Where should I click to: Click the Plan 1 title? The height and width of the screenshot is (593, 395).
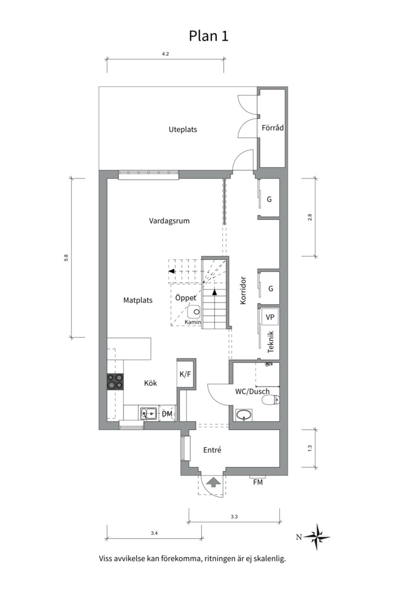208,36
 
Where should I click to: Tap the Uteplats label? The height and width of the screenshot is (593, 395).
183,130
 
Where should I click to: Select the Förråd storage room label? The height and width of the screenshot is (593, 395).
273,127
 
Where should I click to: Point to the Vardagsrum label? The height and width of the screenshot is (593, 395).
169,221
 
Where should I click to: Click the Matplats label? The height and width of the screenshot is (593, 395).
138,300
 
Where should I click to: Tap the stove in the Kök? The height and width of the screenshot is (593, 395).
115,381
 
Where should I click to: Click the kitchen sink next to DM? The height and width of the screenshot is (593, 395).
149,413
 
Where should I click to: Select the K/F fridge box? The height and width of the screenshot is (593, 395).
186,374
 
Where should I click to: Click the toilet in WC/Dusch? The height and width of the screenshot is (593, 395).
272,399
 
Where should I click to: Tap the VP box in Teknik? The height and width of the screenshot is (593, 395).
270,317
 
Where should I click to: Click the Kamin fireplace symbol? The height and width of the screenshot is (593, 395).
195,312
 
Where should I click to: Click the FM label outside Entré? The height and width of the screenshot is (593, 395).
258,482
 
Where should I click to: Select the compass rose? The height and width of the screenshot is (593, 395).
317,536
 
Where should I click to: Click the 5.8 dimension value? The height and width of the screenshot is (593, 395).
66,258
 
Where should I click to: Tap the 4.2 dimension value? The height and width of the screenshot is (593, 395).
165,54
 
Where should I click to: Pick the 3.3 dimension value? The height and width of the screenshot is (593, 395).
234,516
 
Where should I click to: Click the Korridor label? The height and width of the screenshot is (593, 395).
243,290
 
